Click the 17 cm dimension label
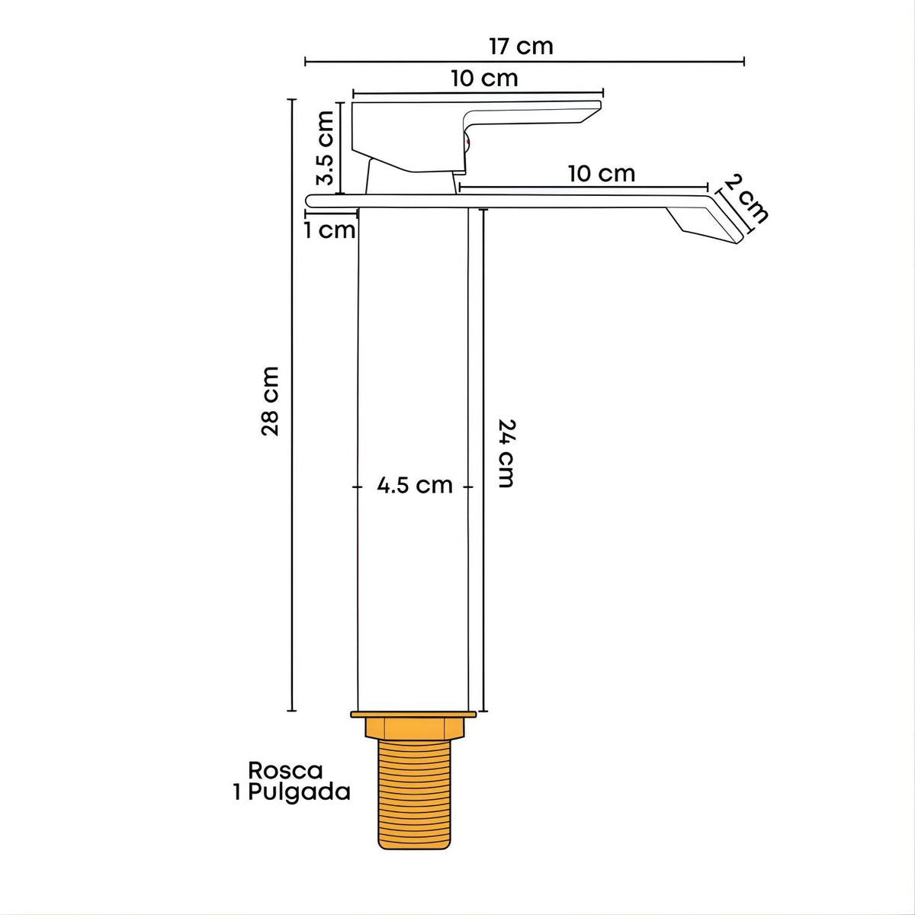[521, 47]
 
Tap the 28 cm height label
[270, 401]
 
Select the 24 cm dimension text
[506, 454]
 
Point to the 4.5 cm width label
[415, 485]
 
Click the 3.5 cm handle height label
[326, 148]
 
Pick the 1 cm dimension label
[329, 231]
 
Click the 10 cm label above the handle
[484, 79]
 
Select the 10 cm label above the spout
[602, 174]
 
